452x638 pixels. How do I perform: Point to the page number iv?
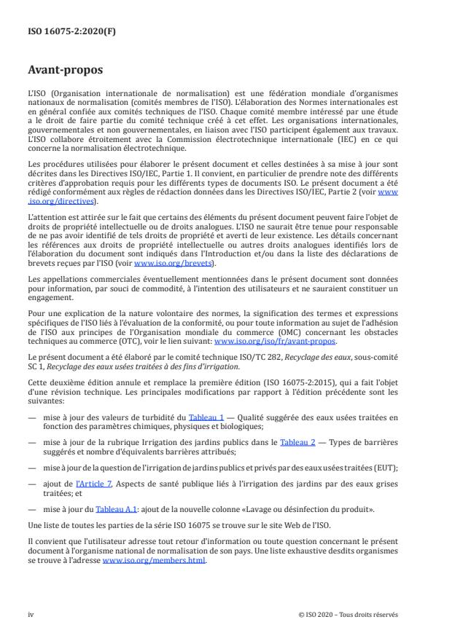coord(31,614)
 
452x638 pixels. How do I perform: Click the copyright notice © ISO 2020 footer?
coord(348,614)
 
